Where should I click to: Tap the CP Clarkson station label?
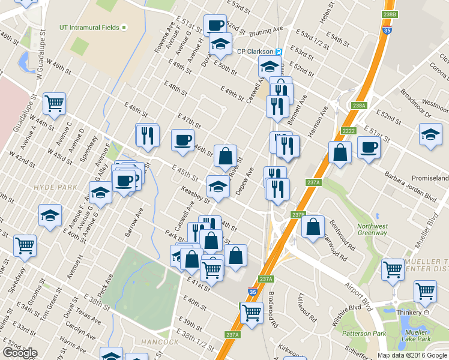[x=256, y=52]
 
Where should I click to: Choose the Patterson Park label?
[x=363, y=333]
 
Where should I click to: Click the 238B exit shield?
[x=389, y=14]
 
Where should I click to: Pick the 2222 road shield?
[x=348, y=131]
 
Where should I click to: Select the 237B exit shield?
[x=299, y=214]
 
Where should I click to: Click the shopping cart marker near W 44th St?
[x=55, y=104]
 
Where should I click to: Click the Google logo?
[x=20, y=353]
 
